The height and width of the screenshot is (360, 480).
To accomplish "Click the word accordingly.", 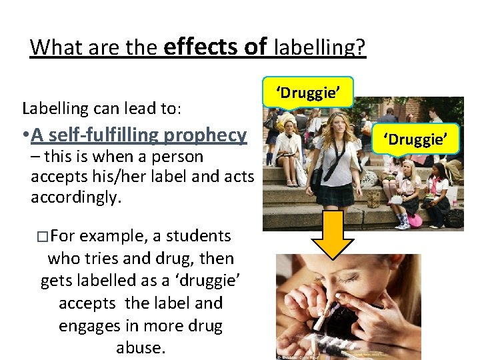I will [x=75, y=198].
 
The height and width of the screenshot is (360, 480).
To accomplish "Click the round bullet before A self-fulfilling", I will [x=24, y=136].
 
